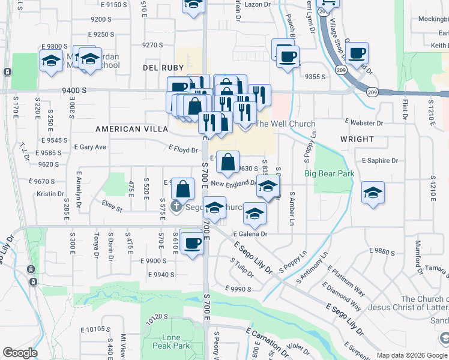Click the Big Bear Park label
(330, 174)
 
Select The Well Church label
(285, 124)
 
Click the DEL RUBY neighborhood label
(158, 68)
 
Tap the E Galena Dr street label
(250, 234)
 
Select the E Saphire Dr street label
(380, 161)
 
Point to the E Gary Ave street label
(89, 147)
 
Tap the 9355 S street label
(315, 77)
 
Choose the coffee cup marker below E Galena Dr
(191, 242)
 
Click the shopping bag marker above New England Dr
(228, 161)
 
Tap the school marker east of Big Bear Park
(373, 192)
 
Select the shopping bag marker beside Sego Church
(182, 190)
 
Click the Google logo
(20, 353)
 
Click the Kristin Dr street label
(50, 194)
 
